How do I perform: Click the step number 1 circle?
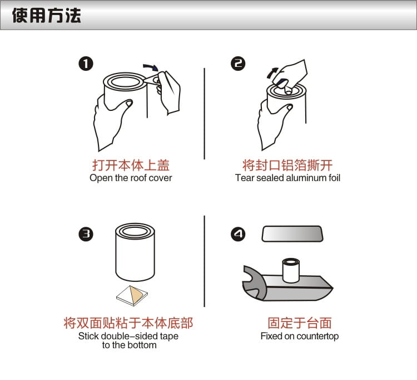click(86, 64)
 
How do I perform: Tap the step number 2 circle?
click(238, 64)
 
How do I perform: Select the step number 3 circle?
click(86, 234)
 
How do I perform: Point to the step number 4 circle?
click(238, 234)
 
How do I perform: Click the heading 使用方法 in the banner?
click(47, 15)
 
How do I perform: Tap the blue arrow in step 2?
click(272, 73)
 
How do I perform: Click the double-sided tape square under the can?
click(132, 295)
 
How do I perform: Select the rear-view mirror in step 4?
click(292, 233)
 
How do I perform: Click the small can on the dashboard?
click(291, 270)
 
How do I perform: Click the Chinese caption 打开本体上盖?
click(131, 165)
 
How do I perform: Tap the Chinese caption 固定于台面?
click(300, 323)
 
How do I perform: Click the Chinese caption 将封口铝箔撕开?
click(287, 165)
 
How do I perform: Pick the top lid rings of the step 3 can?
click(135, 231)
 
